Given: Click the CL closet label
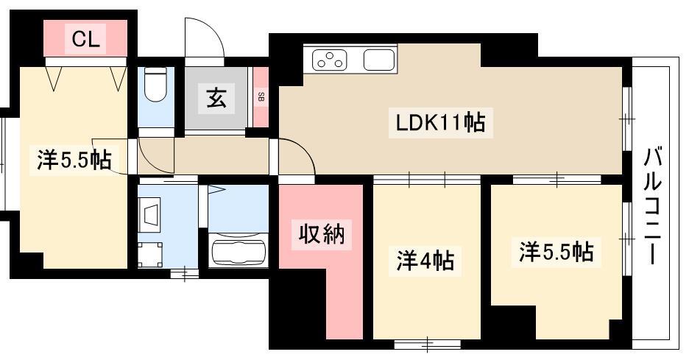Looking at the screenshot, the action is [x=85, y=40].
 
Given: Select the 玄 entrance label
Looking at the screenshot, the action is [x=216, y=98].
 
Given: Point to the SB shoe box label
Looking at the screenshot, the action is [x=261, y=97].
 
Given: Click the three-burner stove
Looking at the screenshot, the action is [x=330, y=60].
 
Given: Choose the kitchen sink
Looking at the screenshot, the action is [x=379, y=60].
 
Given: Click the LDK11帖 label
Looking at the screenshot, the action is [x=440, y=123].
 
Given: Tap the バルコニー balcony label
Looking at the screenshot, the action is [x=653, y=207].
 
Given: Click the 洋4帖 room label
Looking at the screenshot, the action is [x=425, y=260].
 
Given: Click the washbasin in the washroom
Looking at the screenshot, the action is [x=150, y=213].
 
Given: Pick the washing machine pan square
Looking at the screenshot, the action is [x=150, y=255].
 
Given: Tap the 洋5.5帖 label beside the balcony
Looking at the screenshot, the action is [x=556, y=252].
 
